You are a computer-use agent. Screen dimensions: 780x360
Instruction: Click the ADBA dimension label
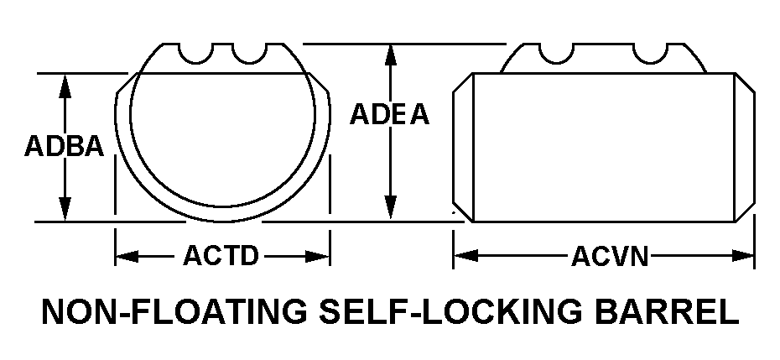pos(65,146)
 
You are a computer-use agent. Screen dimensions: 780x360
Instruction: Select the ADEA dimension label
pos(389,114)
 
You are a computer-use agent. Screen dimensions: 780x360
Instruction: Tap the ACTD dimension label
pos(221,256)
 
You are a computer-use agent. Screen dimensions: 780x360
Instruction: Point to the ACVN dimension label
pos(610,257)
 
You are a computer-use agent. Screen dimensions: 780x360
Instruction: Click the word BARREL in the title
pos(666,311)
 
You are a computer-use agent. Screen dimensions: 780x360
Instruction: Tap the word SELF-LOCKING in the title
pos(450,311)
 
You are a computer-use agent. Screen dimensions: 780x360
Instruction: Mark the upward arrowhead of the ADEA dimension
pos(391,55)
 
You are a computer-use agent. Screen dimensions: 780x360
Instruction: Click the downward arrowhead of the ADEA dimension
pos(391,207)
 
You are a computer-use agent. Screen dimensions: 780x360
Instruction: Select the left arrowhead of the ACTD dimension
pos(127,257)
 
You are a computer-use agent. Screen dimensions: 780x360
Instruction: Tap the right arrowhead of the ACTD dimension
pos(317,257)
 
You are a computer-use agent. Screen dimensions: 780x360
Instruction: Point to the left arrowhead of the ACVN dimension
pos(466,256)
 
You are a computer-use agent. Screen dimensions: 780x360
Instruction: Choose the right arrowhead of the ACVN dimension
pos(743,256)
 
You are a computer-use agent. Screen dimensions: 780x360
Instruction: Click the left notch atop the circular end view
pos(195,55)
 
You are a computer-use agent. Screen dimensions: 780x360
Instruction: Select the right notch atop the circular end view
pos(250,55)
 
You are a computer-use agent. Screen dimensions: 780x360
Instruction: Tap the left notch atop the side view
pos(556,55)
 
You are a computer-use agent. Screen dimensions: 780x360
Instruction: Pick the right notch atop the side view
pos(651,55)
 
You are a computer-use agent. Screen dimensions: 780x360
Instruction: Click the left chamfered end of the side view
pos(463,148)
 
